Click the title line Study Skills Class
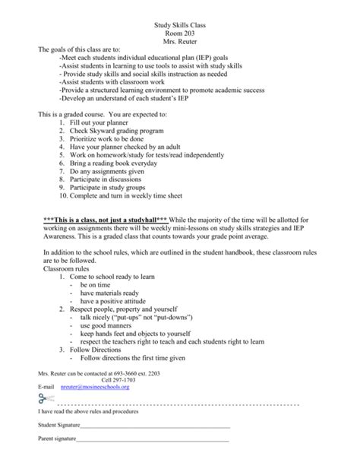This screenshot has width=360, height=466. point(179,25)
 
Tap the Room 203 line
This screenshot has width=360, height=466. point(179,35)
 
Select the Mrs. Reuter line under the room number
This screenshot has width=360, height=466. point(179,45)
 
